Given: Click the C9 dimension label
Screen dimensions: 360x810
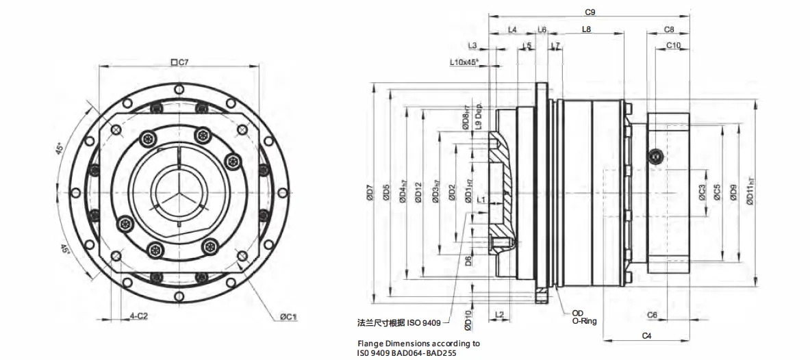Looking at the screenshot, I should [590, 12].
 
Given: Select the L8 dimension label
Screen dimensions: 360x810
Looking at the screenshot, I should [587, 29].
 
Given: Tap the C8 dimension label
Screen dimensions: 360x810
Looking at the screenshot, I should [670, 29].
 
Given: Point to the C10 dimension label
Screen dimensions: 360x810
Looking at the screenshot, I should [673, 46].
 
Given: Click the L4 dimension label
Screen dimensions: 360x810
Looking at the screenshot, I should [512, 29].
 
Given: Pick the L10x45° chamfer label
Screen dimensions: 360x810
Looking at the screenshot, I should [464, 62].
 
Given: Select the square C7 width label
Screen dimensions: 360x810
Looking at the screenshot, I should [179, 62].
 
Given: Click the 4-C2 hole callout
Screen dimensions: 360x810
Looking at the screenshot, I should [139, 316].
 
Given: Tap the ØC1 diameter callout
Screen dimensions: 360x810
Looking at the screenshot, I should [288, 317].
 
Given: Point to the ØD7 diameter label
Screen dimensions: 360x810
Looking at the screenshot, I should [370, 195].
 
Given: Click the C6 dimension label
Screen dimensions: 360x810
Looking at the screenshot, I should [652, 315].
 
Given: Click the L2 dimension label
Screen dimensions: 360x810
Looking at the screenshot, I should [499, 314].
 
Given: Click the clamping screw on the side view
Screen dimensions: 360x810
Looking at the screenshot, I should [655, 157].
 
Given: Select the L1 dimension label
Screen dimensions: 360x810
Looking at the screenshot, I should [481, 200].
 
